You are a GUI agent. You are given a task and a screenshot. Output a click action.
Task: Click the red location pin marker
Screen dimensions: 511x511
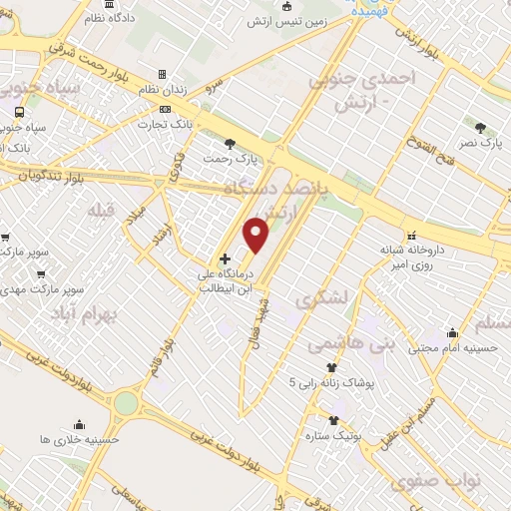(256, 233)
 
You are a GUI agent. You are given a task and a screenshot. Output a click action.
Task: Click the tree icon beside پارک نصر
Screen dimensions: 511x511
(481, 128)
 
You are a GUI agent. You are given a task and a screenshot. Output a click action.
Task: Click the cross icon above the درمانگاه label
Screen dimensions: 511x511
(225, 257)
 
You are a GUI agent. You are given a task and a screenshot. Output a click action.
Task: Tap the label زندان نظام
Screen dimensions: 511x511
(200, 89)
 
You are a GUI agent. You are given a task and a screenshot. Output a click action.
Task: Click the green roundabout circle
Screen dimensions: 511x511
(126, 402)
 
